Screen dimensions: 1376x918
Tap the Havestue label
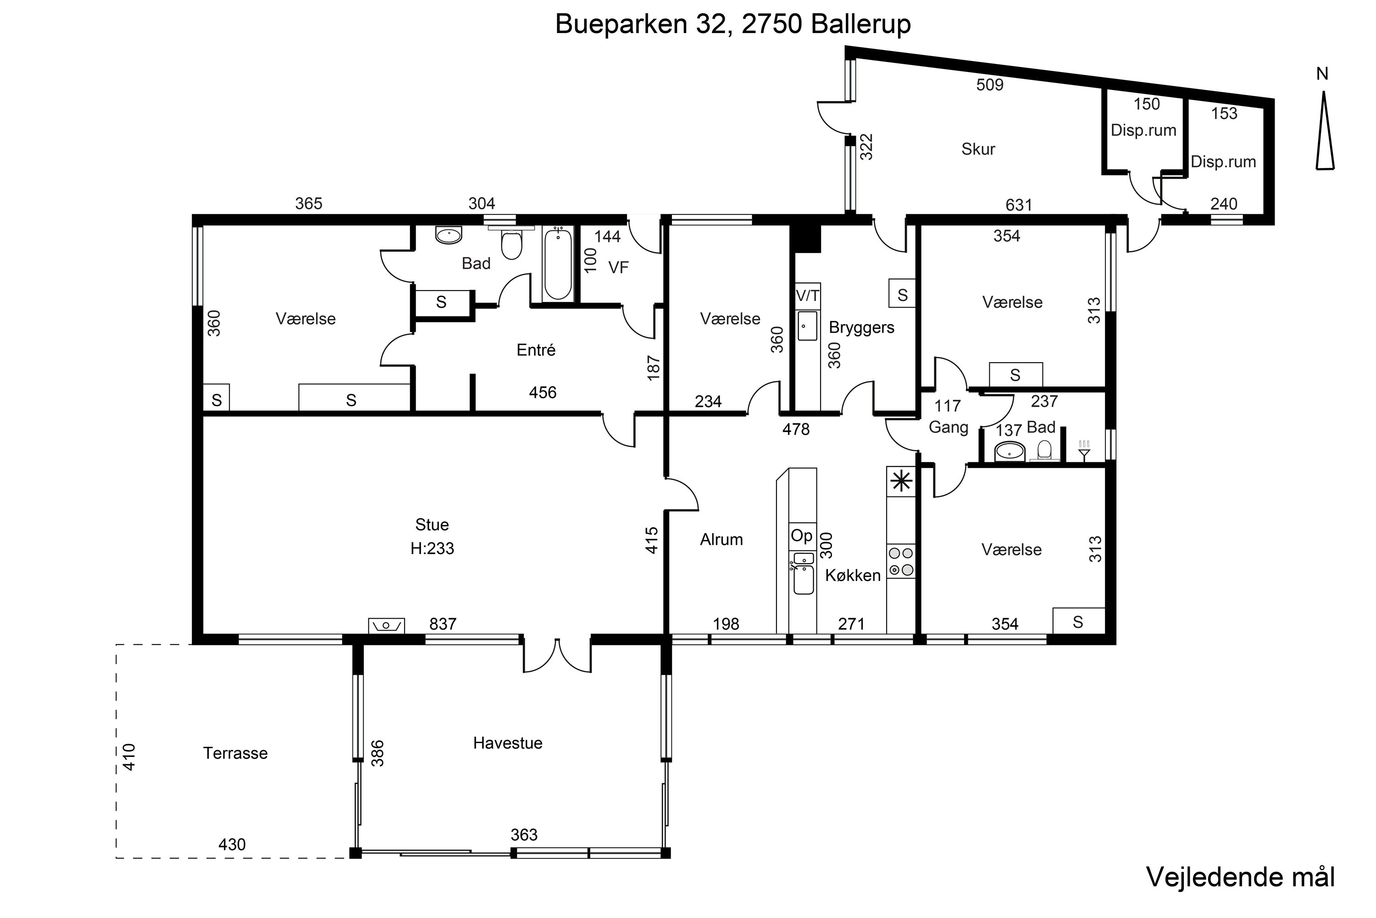508,743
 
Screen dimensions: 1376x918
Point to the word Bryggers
862,328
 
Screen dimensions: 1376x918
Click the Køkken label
853,576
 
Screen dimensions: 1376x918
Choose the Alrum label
721,539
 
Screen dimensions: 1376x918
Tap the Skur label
978,149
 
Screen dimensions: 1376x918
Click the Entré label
536,350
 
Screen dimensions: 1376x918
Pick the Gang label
949,428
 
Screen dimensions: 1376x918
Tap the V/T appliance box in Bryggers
808,296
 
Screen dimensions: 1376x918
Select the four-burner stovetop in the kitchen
901,561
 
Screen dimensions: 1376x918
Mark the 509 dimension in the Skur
990,85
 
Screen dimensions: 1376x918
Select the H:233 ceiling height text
433,549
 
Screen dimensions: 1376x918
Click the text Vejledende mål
1240,877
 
